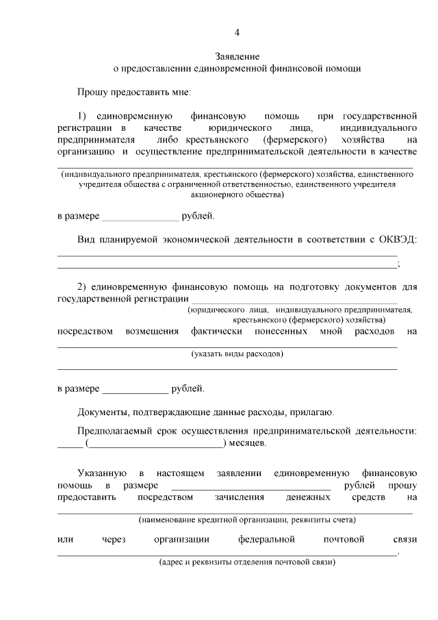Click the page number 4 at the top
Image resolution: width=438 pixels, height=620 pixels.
click(237, 32)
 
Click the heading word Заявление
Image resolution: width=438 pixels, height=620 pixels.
click(237, 55)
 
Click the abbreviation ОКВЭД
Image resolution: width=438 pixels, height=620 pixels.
click(399, 239)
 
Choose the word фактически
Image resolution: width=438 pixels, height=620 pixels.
click(217, 332)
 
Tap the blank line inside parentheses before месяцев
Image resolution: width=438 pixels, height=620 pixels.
click(155, 444)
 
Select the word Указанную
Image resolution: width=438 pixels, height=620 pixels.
click(101, 473)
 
